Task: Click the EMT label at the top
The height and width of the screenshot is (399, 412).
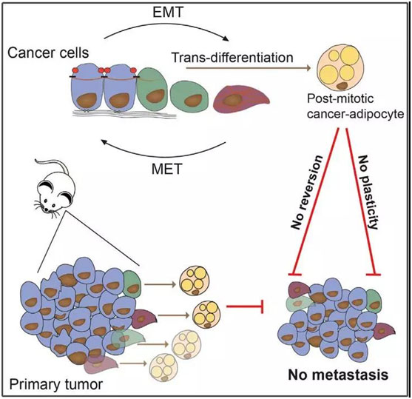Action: pos(168,13)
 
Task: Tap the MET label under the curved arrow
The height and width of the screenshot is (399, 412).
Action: pos(167,169)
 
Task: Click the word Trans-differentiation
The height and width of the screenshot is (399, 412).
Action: pos(232,57)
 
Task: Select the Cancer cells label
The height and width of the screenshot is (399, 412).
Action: pos(48,53)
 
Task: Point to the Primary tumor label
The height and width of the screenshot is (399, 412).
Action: pos(56,385)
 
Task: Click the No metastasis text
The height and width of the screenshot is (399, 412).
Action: pos(338,375)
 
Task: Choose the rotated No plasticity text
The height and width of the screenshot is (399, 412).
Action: pos(369,192)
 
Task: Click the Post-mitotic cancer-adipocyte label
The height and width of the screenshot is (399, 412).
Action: pos(355,107)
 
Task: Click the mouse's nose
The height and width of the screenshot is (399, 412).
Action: pos(47,209)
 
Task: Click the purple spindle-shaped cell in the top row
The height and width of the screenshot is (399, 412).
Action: pos(241,98)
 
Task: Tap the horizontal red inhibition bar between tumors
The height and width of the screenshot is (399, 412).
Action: pos(245,306)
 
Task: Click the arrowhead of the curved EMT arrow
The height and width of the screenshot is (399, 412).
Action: pos(226,38)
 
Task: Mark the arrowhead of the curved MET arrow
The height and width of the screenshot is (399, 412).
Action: pos(104,142)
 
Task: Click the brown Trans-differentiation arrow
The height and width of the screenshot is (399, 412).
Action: pos(249,68)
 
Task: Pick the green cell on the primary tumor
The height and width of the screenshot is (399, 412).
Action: pos(132,284)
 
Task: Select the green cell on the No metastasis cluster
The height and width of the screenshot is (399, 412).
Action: pos(374,301)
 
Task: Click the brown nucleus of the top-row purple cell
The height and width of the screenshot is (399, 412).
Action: pos(232,100)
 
